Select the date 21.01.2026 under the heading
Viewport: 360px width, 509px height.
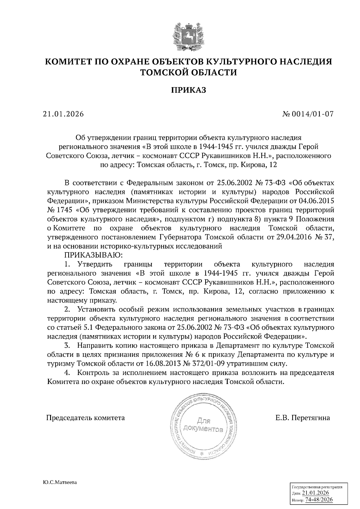click(63, 114)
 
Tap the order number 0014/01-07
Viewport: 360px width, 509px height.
click(314, 114)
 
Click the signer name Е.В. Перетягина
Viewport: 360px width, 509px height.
click(303, 418)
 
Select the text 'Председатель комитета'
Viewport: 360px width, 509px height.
click(85, 418)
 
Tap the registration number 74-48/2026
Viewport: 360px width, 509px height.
click(319, 500)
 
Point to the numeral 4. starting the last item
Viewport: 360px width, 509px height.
click(67, 373)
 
